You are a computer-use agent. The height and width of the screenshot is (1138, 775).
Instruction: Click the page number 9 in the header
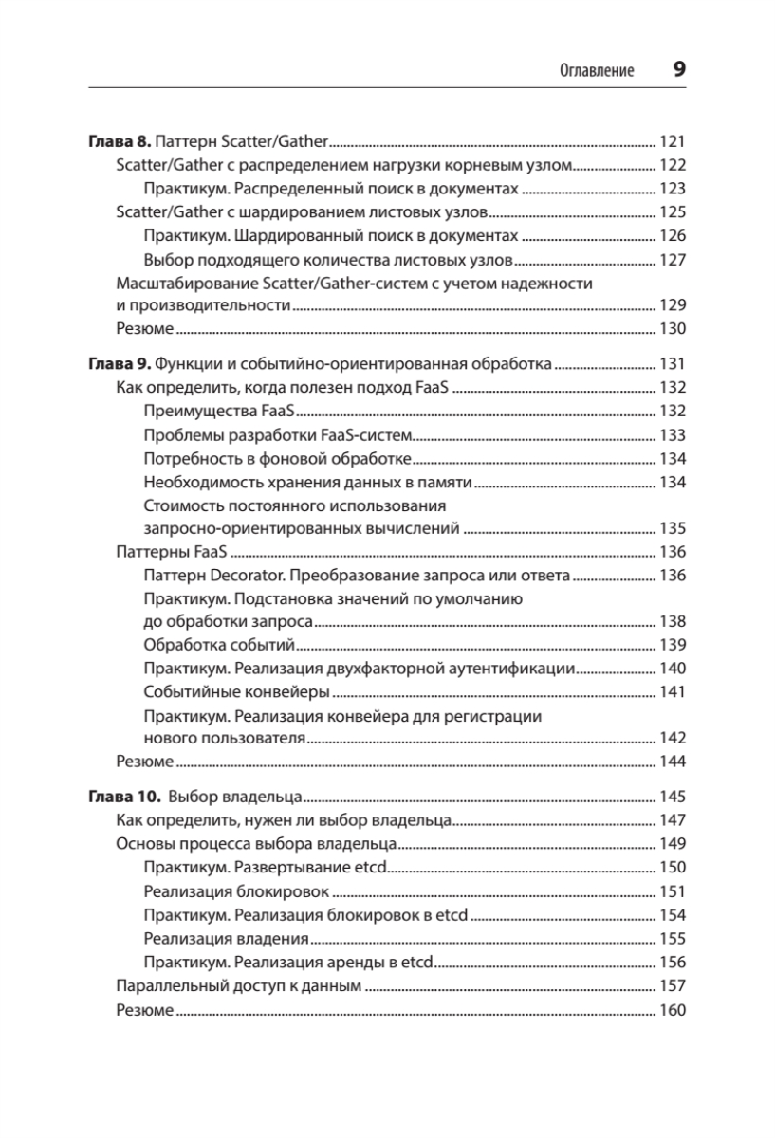tap(678, 69)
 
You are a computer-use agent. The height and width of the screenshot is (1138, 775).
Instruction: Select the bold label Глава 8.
tap(119, 141)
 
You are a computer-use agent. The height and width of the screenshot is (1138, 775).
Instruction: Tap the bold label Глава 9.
tap(119, 363)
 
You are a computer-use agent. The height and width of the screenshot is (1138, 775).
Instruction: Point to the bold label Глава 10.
tap(122, 797)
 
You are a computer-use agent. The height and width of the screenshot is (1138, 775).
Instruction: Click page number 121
tap(672, 141)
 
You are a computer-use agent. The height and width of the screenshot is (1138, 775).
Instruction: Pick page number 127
tap(672, 260)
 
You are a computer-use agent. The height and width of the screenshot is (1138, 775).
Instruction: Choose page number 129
tap(672, 305)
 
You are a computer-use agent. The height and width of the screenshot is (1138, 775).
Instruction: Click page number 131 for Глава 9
tap(672, 363)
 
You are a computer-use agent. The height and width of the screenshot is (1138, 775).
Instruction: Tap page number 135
tap(672, 528)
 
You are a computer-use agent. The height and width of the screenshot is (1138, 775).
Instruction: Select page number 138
tap(672, 621)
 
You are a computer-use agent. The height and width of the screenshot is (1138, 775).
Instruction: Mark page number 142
tap(672, 738)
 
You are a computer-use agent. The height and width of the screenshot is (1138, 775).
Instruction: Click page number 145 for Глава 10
tap(672, 797)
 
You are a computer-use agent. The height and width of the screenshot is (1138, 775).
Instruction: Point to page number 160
tap(672, 1010)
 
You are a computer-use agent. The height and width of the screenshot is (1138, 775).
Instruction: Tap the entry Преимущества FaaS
tap(217, 411)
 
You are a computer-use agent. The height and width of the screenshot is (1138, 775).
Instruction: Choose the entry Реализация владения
tap(226, 939)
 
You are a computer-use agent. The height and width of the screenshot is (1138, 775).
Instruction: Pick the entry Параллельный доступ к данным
tap(238, 986)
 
